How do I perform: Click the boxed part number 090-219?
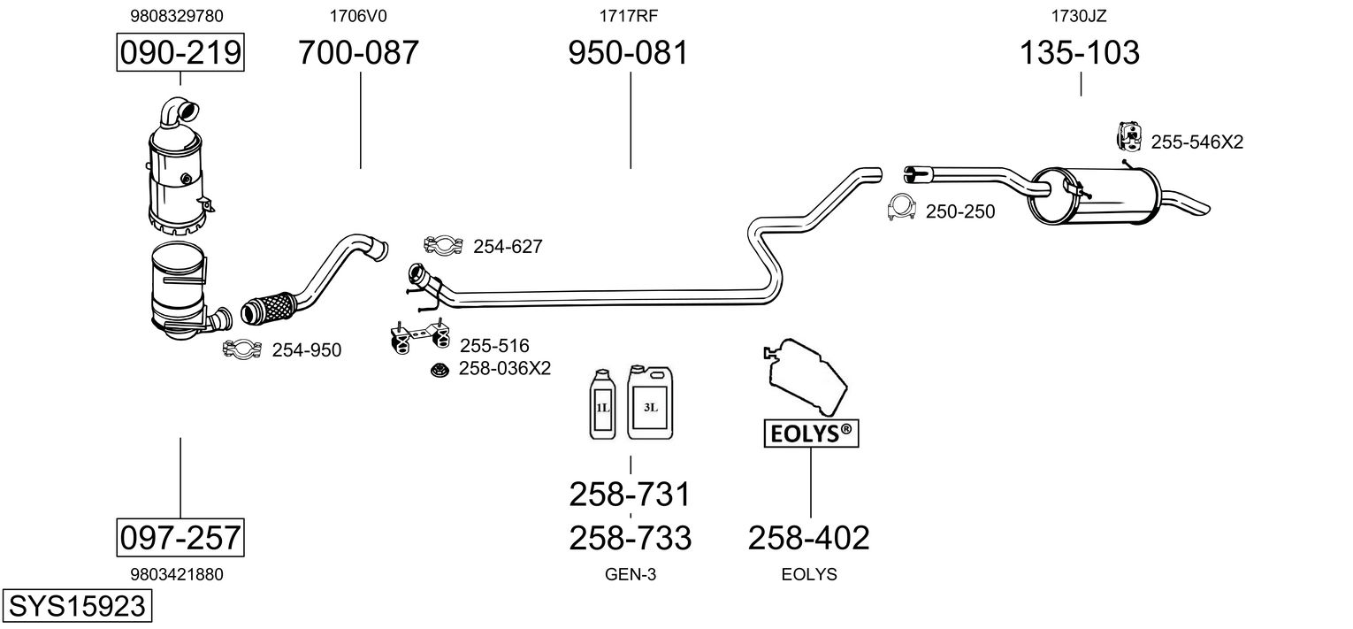(x=180, y=52)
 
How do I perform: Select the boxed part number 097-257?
(x=180, y=537)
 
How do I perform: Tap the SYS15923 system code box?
(x=77, y=605)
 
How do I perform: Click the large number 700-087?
(x=358, y=52)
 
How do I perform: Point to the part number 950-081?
(x=628, y=52)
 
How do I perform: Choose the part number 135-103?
(x=1080, y=52)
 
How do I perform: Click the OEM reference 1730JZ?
(x=1079, y=16)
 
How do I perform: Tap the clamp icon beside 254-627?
(x=443, y=245)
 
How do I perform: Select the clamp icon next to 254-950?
(x=242, y=349)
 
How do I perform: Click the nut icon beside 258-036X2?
(x=440, y=370)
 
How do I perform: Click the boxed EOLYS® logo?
(x=811, y=433)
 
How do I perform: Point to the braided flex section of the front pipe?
(x=266, y=308)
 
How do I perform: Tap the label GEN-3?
(x=630, y=574)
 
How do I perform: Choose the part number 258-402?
(x=809, y=538)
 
